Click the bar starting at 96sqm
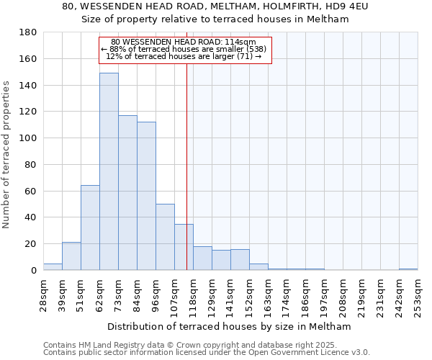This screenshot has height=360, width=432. click(x=165, y=237)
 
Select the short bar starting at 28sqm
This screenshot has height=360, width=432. click(x=53, y=266)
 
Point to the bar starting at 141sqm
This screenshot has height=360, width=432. click(x=240, y=259)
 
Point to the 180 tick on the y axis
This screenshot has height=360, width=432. click(x=29, y=32)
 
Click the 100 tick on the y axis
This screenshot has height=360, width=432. click(x=29, y=138)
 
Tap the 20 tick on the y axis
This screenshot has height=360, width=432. click(x=31, y=244)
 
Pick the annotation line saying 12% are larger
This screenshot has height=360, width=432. click(x=184, y=56)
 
